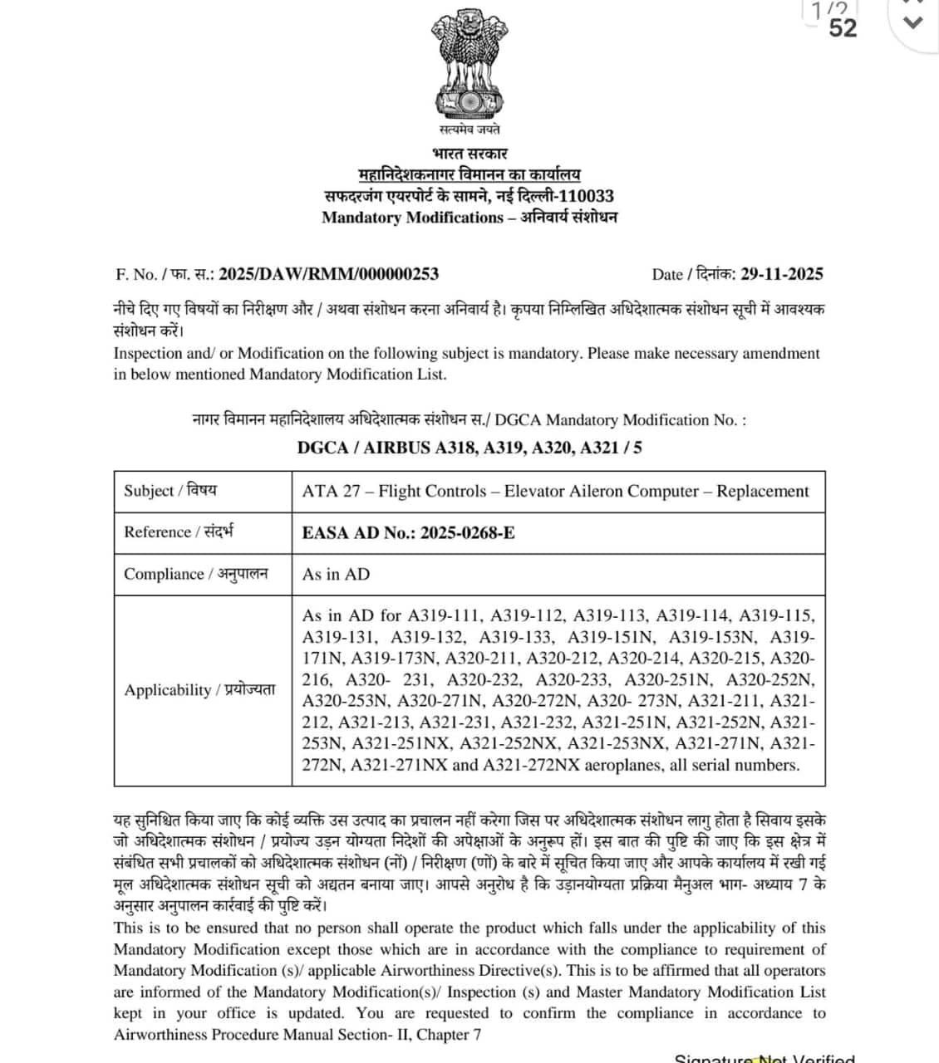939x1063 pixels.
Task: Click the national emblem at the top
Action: (469, 65)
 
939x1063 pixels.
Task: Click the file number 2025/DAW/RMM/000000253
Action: (328, 274)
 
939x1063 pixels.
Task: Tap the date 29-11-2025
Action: (782, 274)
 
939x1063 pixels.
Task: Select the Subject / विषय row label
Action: (170, 491)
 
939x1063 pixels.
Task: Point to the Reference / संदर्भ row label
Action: (179, 532)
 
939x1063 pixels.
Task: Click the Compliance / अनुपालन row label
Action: (196, 574)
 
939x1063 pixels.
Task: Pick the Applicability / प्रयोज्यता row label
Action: (199, 690)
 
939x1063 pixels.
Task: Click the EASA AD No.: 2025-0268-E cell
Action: (408, 532)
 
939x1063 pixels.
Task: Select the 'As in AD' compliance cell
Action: (336, 574)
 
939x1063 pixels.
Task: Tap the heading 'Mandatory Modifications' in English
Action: (412, 218)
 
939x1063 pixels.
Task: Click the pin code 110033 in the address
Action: (586, 196)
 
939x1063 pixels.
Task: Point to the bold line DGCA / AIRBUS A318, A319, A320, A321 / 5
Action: (469, 448)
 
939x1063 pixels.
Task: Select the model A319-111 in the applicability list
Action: (445, 616)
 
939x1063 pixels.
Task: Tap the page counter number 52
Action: (843, 28)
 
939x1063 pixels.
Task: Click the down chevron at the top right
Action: (913, 23)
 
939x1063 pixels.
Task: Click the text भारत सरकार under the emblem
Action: (469, 154)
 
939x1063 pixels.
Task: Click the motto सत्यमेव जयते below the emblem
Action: (469, 130)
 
